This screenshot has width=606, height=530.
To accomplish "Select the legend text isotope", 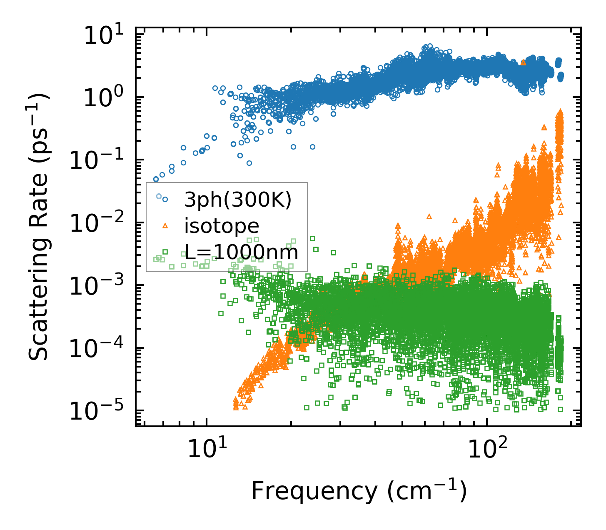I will (x=222, y=226).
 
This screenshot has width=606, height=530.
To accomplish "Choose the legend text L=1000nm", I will (x=241, y=252).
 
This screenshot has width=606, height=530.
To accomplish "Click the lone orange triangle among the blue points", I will (x=524, y=62).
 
